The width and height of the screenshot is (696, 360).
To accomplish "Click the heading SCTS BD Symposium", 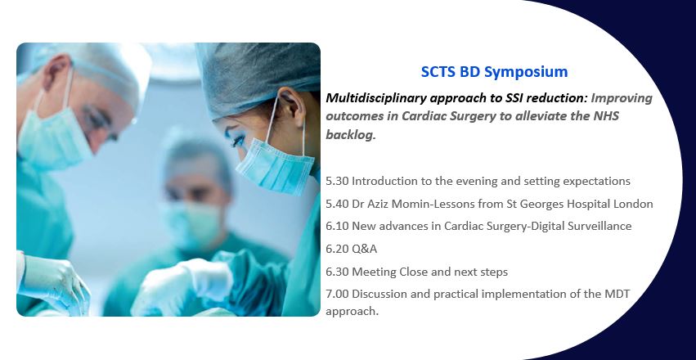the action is (494, 71).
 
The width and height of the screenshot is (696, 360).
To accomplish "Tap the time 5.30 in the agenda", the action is (337, 181).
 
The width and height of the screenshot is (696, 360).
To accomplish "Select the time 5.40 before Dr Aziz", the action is (337, 204).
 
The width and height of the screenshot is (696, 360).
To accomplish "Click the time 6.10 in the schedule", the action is (337, 226).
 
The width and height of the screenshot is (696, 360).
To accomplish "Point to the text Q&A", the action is (365, 249).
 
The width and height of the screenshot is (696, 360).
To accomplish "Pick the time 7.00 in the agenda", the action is (337, 294).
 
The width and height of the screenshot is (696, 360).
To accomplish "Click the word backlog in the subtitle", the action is (351, 135).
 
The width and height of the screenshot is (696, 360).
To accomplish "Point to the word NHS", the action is (606, 116).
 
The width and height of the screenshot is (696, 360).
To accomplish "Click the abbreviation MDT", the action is (617, 294).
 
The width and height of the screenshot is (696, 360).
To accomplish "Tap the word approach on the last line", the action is (352, 312).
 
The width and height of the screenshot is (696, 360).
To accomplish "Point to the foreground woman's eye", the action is (237, 142).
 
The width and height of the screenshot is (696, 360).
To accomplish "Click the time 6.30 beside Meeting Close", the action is (337, 272).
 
